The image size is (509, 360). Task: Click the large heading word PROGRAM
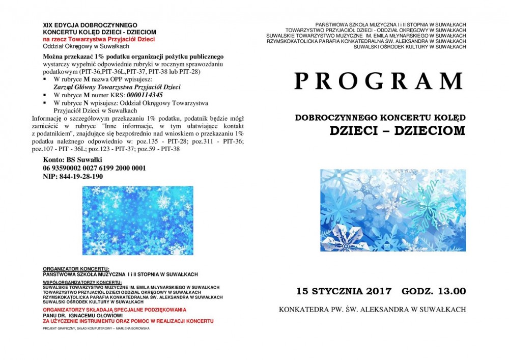pyautogui.click(x=379, y=82)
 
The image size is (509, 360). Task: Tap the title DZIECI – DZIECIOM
pyautogui.click(x=397, y=130)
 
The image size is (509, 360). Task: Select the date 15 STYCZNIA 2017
pyautogui.click(x=345, y=291)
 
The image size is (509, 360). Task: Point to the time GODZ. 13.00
pyautogui.click(x=433, y=291)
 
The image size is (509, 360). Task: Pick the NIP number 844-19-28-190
pyautogui.click(x=73, y=176)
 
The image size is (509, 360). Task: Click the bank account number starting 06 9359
pyautogui.click(x=95, y=168)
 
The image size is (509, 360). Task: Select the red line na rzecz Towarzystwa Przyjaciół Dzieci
pyautogui.click(x=99, y=39)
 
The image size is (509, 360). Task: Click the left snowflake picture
pyautogui.click(x=137, y=220)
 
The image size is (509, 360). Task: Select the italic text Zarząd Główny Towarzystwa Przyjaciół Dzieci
pyautogui.click(x=117, y=87)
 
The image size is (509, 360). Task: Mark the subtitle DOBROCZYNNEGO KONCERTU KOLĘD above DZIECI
pyautogui.click(x=380, y=118)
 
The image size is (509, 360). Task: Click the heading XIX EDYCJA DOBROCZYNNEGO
pyautogui.click(x=90, y=24)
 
